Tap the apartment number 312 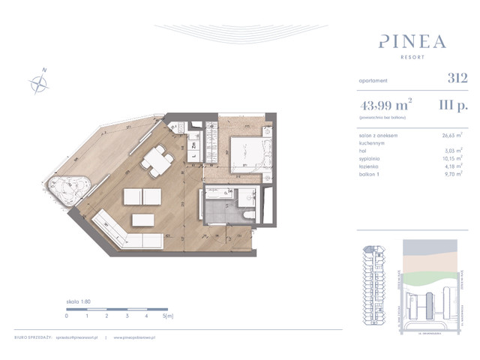click(x=457, y=77)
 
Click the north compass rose click(x=37, y=83)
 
